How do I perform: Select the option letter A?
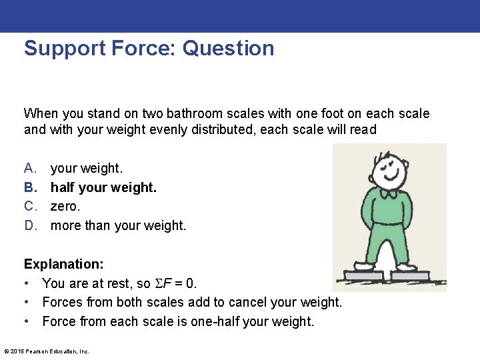[x=30, y=169]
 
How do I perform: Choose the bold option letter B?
[x=30, y=187]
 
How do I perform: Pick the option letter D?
[x=30, y=225]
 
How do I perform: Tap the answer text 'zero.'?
[x=65, y=207]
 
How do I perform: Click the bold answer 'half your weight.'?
[x=103, y=187]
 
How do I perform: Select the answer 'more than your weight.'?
[x=118, y=225]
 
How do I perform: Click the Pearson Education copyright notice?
[x=47, y=351]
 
